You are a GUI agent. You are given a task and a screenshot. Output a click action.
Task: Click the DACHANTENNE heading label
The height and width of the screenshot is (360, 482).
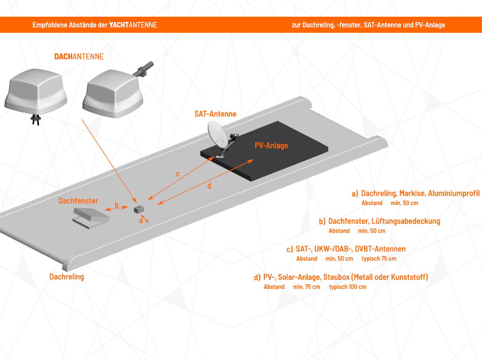click(x=79, y=57)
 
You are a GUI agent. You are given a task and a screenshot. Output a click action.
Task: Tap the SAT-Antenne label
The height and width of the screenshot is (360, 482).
click(x=215, y=114)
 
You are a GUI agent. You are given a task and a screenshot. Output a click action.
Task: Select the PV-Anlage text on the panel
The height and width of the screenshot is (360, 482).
click(x=271, y=145)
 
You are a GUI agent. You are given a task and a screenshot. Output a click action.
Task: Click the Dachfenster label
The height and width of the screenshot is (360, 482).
click(x=78, y=201)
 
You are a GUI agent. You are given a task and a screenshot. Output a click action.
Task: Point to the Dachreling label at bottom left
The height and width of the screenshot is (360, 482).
click(x=67, y=277)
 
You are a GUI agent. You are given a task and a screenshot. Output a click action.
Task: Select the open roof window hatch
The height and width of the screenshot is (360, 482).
click(x=91, y=218)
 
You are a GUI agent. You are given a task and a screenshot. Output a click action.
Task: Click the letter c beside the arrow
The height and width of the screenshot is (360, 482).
click(x=178, y=174)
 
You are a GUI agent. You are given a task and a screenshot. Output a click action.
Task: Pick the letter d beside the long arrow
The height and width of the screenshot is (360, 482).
click(x=209, y=186)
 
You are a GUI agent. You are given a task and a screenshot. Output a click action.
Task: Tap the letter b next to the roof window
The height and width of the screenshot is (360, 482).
click(x=116, y=205)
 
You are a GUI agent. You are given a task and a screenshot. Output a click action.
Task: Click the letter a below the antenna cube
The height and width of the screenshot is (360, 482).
click(x=141, y=221)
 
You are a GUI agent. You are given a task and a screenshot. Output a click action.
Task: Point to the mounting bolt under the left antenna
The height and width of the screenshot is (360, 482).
click(x=35, y=119)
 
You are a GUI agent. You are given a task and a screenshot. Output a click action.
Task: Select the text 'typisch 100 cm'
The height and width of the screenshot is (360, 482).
click(x=348, y=287)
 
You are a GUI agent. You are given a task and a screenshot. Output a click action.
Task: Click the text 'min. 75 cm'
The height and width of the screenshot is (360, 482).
click(x=306, y=287)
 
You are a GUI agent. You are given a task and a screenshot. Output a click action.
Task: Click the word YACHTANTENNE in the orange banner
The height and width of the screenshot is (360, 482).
click(x=133, y=25)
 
